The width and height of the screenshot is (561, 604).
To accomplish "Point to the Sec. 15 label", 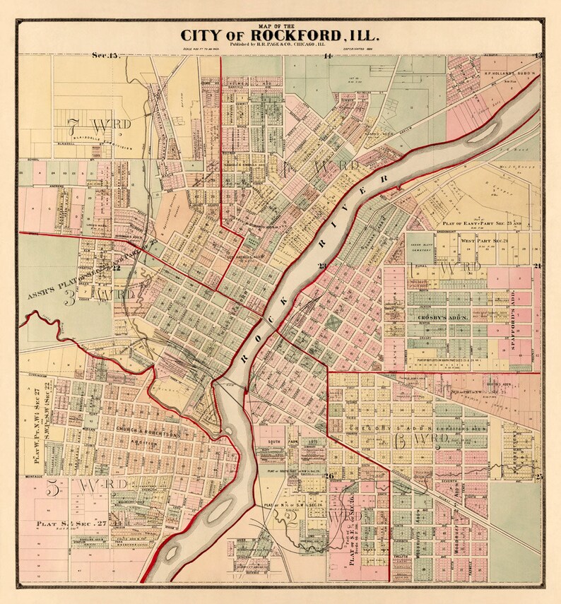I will coord(107,54).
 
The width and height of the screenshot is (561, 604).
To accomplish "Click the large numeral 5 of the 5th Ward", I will coord(52,487).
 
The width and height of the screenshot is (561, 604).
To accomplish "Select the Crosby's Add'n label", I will coord(444,318).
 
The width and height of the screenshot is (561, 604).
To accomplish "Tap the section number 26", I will coord(329,475).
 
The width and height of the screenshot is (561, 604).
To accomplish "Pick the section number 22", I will coord(116,268).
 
